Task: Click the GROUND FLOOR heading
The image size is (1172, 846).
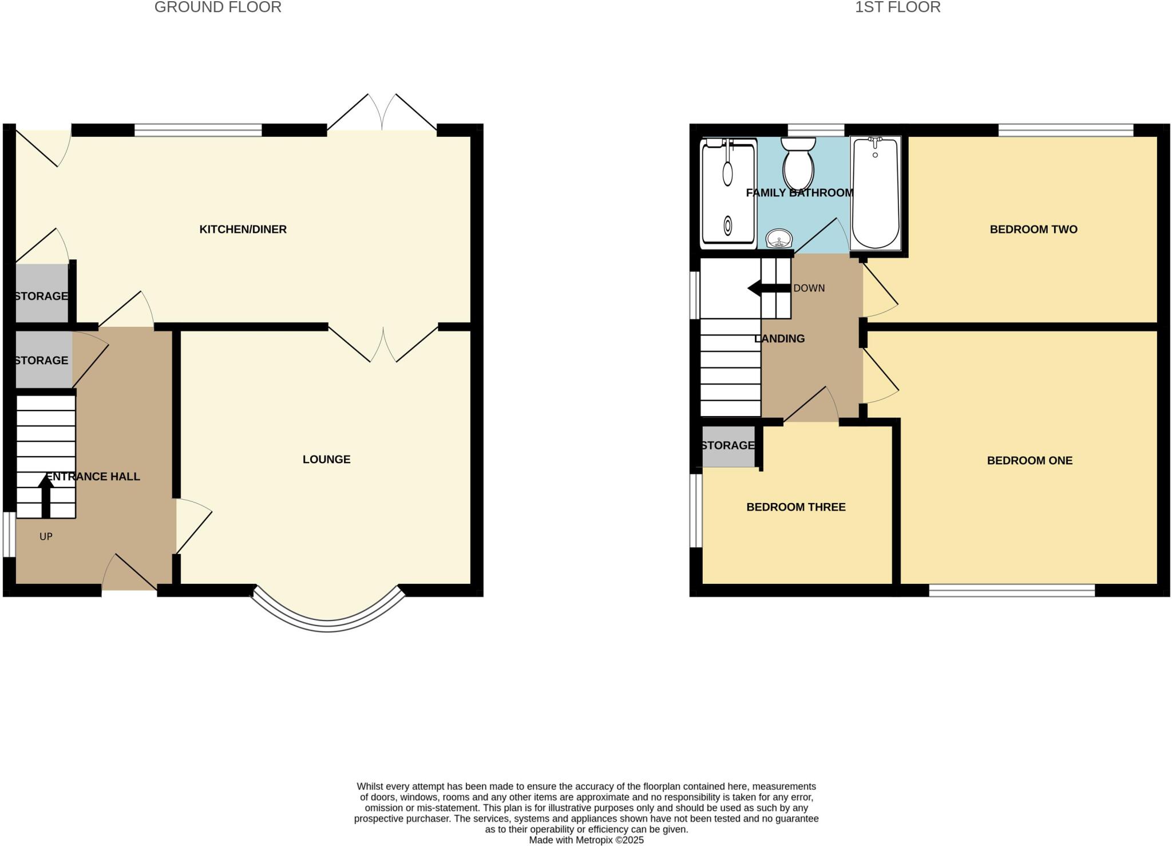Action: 217,7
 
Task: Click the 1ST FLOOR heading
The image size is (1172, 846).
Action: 897,7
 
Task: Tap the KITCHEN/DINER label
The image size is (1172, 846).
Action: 243,230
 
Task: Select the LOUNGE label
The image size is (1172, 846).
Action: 326,459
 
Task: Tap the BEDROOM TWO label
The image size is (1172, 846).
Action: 1034,230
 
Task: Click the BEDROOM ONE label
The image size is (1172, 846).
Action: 1030,460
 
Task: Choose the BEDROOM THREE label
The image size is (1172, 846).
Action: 795,507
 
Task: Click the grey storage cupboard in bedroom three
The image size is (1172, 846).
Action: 728,446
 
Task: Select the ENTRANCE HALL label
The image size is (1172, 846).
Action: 93,477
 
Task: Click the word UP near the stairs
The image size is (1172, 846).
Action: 46,537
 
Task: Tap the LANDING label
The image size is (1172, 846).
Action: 779,339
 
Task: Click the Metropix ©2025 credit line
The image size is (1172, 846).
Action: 586,840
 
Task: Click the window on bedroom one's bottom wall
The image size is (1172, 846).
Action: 1011,590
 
